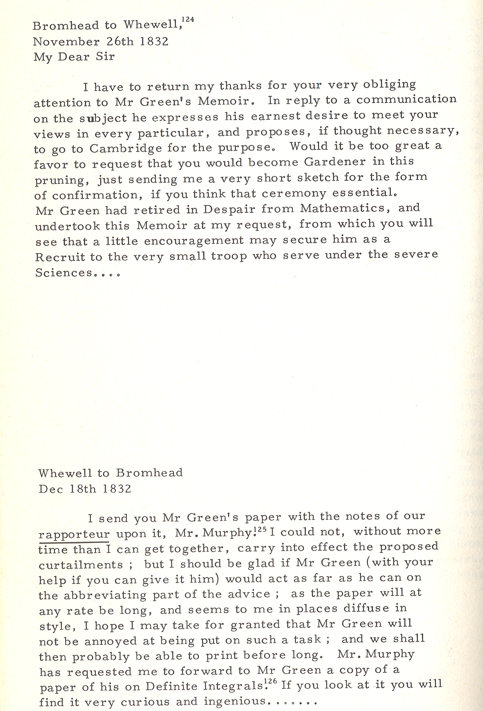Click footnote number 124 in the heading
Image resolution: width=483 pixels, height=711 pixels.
[188, 20]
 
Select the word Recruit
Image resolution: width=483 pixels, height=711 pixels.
[60, 257]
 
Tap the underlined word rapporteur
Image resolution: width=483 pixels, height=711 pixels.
[74, 534]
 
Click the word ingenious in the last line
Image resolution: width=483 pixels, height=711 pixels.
[234, 701]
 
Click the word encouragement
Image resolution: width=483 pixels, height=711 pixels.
[194, 241]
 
